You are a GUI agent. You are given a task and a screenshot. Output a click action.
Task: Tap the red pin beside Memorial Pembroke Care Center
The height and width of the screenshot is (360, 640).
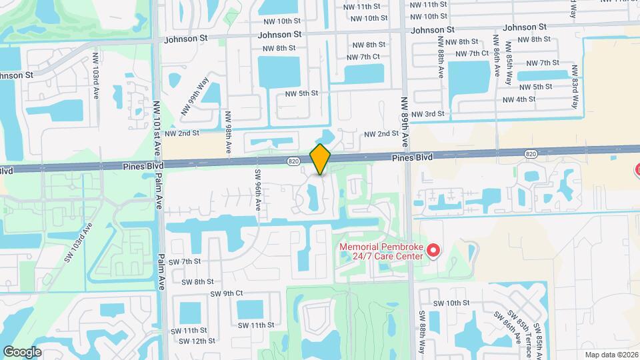point(433,251)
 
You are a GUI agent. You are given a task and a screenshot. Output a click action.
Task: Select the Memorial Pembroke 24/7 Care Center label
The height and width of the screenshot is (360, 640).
point(381,251)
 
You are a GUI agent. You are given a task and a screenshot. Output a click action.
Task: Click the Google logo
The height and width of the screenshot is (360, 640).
point(22,351)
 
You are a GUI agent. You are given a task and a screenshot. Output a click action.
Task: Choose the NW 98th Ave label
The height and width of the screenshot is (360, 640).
point(228,129)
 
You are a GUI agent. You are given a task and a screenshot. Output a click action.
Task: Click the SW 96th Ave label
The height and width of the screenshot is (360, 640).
point(257,189)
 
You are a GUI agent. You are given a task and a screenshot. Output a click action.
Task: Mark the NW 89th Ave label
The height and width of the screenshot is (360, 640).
point(404,122)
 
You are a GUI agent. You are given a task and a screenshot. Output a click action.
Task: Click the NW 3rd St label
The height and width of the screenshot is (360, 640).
point(427,114)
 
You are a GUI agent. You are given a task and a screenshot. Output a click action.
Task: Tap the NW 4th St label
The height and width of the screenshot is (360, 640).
point(519,99)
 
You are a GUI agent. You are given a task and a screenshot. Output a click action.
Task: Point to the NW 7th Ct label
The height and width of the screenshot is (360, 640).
point(363,57)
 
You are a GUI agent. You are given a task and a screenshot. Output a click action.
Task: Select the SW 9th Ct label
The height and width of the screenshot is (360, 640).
point(227,293)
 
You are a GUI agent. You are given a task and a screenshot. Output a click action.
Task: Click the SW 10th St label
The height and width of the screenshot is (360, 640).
point(451,303)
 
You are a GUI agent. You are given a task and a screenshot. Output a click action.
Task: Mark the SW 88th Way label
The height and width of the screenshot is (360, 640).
point(422,330)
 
